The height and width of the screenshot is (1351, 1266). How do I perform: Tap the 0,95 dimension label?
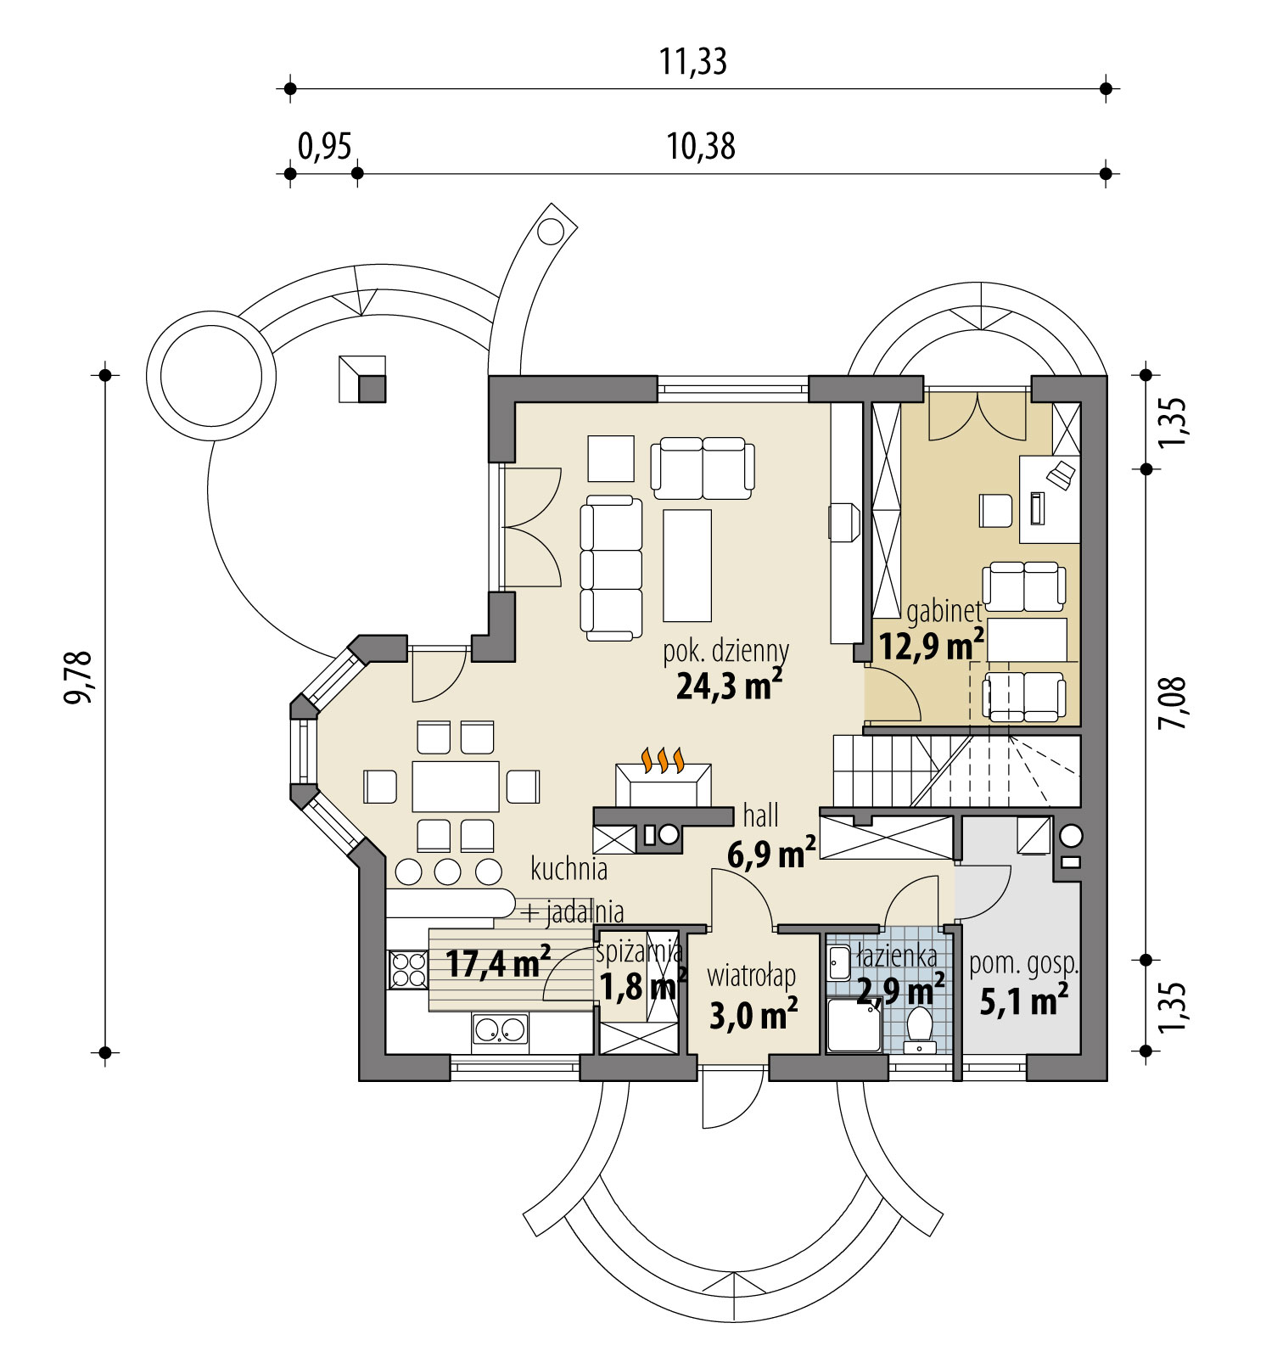pos(324,148)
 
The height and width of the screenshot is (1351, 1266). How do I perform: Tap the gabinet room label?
pos(944,611)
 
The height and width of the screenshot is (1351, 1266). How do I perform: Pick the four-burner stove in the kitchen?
pos(408,970)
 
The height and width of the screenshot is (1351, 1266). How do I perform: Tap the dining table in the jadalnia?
pos(456,786)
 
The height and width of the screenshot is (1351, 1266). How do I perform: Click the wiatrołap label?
pos(751,976)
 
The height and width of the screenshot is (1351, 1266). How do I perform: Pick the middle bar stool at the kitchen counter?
pos(448,872)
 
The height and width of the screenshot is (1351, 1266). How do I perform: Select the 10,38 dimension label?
pos(700,148)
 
